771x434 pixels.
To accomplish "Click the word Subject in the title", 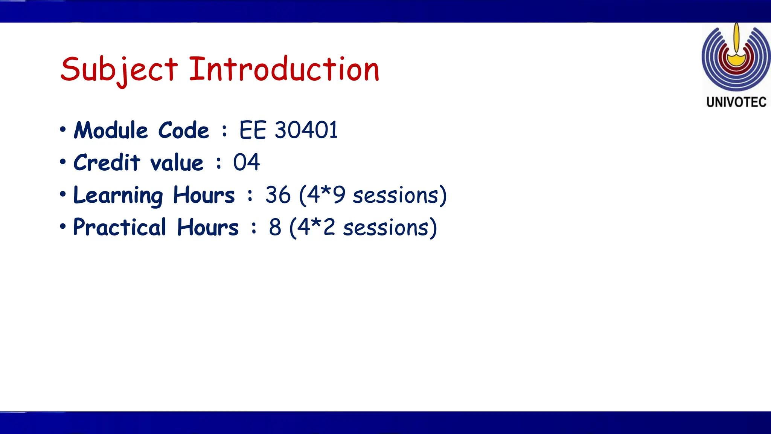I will [119, 70].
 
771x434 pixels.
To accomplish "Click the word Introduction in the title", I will [284, 69].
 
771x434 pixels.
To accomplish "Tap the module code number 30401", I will [306, 130].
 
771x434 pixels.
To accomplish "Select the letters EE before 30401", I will [253, 130].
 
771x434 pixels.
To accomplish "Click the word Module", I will [111, 130].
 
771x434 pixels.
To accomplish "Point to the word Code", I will [183, 130].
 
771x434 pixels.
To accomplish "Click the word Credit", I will [107, 163].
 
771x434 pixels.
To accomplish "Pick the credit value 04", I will [246, 163].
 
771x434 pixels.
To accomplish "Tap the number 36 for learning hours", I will [278, 195].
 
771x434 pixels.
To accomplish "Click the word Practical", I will [119, 228].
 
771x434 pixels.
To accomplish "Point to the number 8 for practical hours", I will [275, 228].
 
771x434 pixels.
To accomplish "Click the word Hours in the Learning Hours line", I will [204, 195].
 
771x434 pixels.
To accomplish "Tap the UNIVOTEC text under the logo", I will [736, 102].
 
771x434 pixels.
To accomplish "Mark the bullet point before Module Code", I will [63, 130].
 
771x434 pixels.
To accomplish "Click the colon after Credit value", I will [219, 163].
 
